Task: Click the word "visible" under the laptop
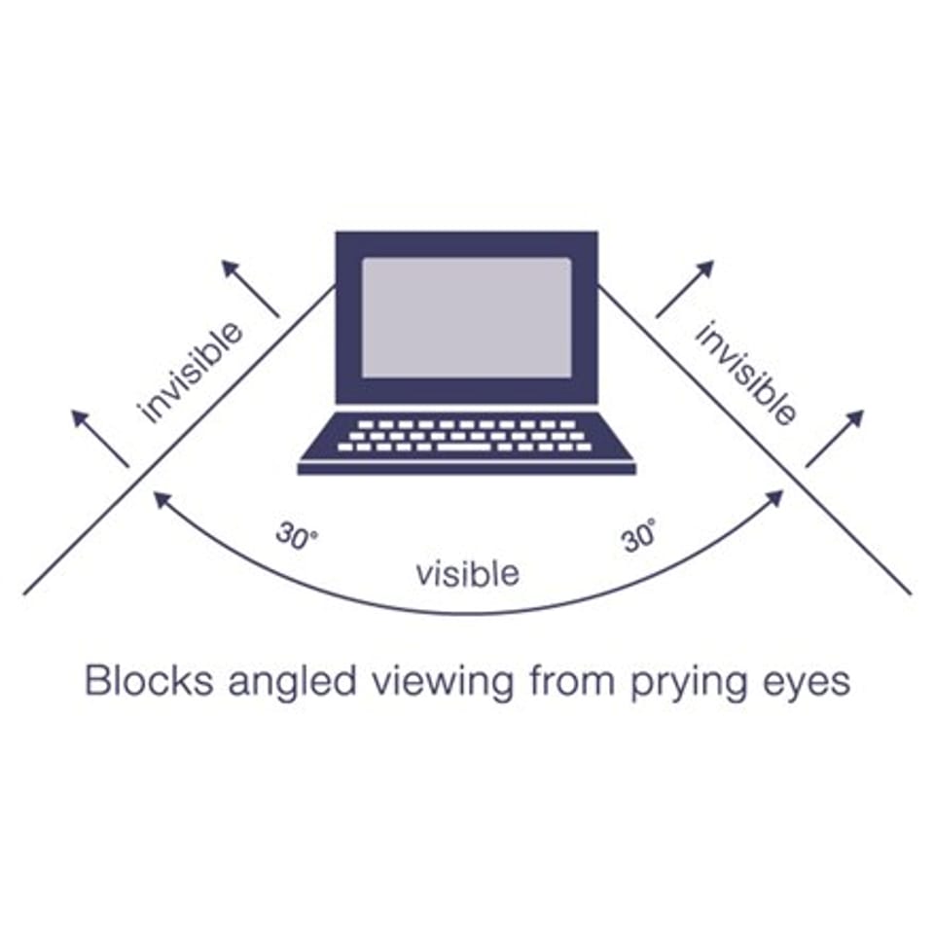point(468,574)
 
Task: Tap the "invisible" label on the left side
point(190,373)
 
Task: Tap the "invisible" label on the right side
point(745,374)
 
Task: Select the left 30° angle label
point(296,537)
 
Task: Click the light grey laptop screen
point(466,317)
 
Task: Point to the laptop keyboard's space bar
point(463,447)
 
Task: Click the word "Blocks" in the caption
point(149,680)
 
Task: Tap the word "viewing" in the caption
point(443,683)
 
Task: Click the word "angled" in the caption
point(293,683)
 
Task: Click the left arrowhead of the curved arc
point(162,499)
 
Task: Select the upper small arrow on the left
point(250,288)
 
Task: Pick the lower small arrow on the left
point(100,439)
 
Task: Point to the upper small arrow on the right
point(685,289)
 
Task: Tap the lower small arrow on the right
point(835,439)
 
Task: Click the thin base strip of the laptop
point(467,469)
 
